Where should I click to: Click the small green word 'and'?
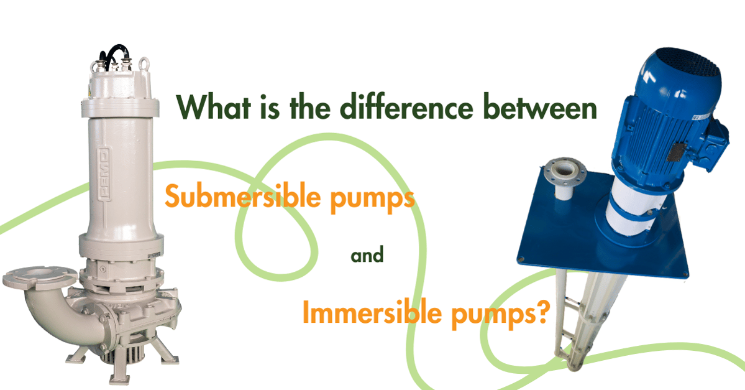[367, 254]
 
